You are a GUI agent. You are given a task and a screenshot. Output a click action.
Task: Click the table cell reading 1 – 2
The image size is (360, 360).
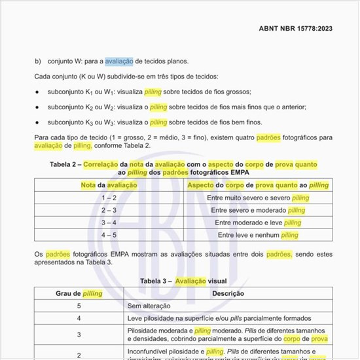coord(109,198)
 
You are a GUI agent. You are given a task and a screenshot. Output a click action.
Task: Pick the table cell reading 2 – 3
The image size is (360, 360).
coord(109,210)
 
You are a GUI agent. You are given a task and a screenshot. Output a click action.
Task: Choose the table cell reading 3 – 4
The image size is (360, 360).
coord(109,223)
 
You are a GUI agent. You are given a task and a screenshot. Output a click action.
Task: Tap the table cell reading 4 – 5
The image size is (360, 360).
coord(109,235)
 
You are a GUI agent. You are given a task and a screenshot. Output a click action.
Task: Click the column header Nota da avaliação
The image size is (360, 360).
coord(109,185)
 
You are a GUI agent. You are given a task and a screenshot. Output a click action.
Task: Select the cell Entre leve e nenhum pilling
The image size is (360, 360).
coord(258,235)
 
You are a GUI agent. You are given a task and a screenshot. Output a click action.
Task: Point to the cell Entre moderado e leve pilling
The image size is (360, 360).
coord(258,223)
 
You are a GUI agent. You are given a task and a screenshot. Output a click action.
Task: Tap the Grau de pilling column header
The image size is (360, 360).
coord(79,293)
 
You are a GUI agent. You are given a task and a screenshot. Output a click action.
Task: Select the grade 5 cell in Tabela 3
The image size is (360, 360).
coord(79,306)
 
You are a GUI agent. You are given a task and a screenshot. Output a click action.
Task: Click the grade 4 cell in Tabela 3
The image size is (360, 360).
coord(79,318)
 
